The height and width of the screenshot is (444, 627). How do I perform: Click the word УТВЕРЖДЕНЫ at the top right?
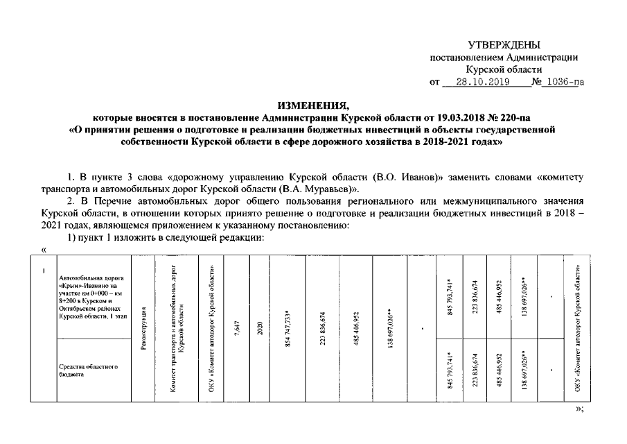[503, 44]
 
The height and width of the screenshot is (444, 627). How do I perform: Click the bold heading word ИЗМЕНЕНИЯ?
[312, 105]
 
